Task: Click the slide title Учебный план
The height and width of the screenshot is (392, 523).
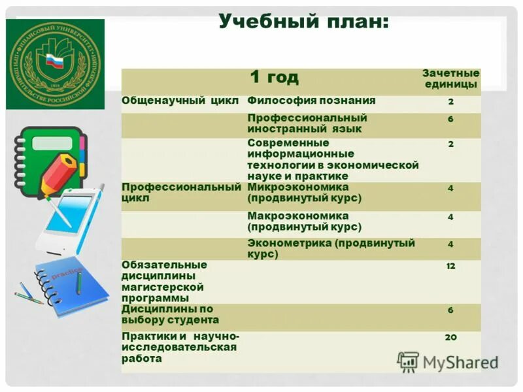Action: (x=303, y=23)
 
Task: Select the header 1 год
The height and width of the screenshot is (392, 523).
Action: (x=274, y=77)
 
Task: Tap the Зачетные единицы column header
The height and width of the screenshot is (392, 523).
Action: (x=450, y=78)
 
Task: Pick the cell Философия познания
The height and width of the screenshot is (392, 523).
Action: (x=311, y=101)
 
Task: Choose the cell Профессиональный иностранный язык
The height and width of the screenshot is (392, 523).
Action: (x=307, y=123)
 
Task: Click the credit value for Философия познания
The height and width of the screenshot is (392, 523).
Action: (x=450, y=101)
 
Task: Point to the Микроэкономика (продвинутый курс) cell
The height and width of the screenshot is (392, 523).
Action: (x=305, y=193)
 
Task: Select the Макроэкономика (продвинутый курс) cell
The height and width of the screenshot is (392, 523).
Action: (x=305, y=221)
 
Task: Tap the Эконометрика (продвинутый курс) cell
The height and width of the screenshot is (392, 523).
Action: (x=331, y=248)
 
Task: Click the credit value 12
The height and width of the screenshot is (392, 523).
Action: (x=450, y=267)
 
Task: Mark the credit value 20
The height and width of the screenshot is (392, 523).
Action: (x=450, y=337)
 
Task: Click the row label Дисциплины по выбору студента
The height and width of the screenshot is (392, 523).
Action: (x=170, y=314)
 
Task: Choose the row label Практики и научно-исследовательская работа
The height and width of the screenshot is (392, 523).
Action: (x=180, y=347)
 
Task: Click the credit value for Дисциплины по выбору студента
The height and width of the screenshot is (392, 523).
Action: (x=450, y=310)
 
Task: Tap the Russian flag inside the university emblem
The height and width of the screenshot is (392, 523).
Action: (x=54, y=63)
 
